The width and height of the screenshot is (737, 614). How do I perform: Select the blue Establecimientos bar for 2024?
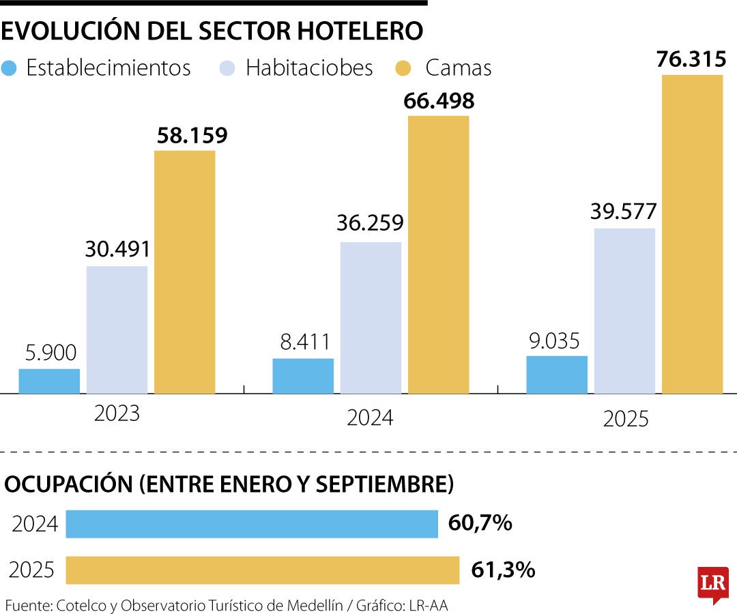(303, 376)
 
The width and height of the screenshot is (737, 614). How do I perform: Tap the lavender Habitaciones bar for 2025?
(624, 310)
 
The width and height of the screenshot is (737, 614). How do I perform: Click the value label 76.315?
(691, 59)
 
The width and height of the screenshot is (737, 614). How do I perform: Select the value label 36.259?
(370, 223)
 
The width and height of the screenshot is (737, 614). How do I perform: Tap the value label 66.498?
(439, 101)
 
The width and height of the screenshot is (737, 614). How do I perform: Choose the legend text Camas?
(458, 68)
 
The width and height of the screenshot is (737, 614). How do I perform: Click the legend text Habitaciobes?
(309, 68)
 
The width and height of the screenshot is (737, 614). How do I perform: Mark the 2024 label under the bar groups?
(370, 418)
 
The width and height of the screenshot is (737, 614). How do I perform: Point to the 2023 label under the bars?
(117, 413)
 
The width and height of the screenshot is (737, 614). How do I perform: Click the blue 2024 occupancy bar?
(252, 524)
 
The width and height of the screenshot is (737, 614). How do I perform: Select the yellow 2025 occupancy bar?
(263, 570)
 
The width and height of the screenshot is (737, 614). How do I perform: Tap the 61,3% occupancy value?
(503, 570)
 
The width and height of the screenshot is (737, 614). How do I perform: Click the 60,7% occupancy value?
(480, 524)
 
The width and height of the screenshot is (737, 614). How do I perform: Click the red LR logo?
(712, 583)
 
